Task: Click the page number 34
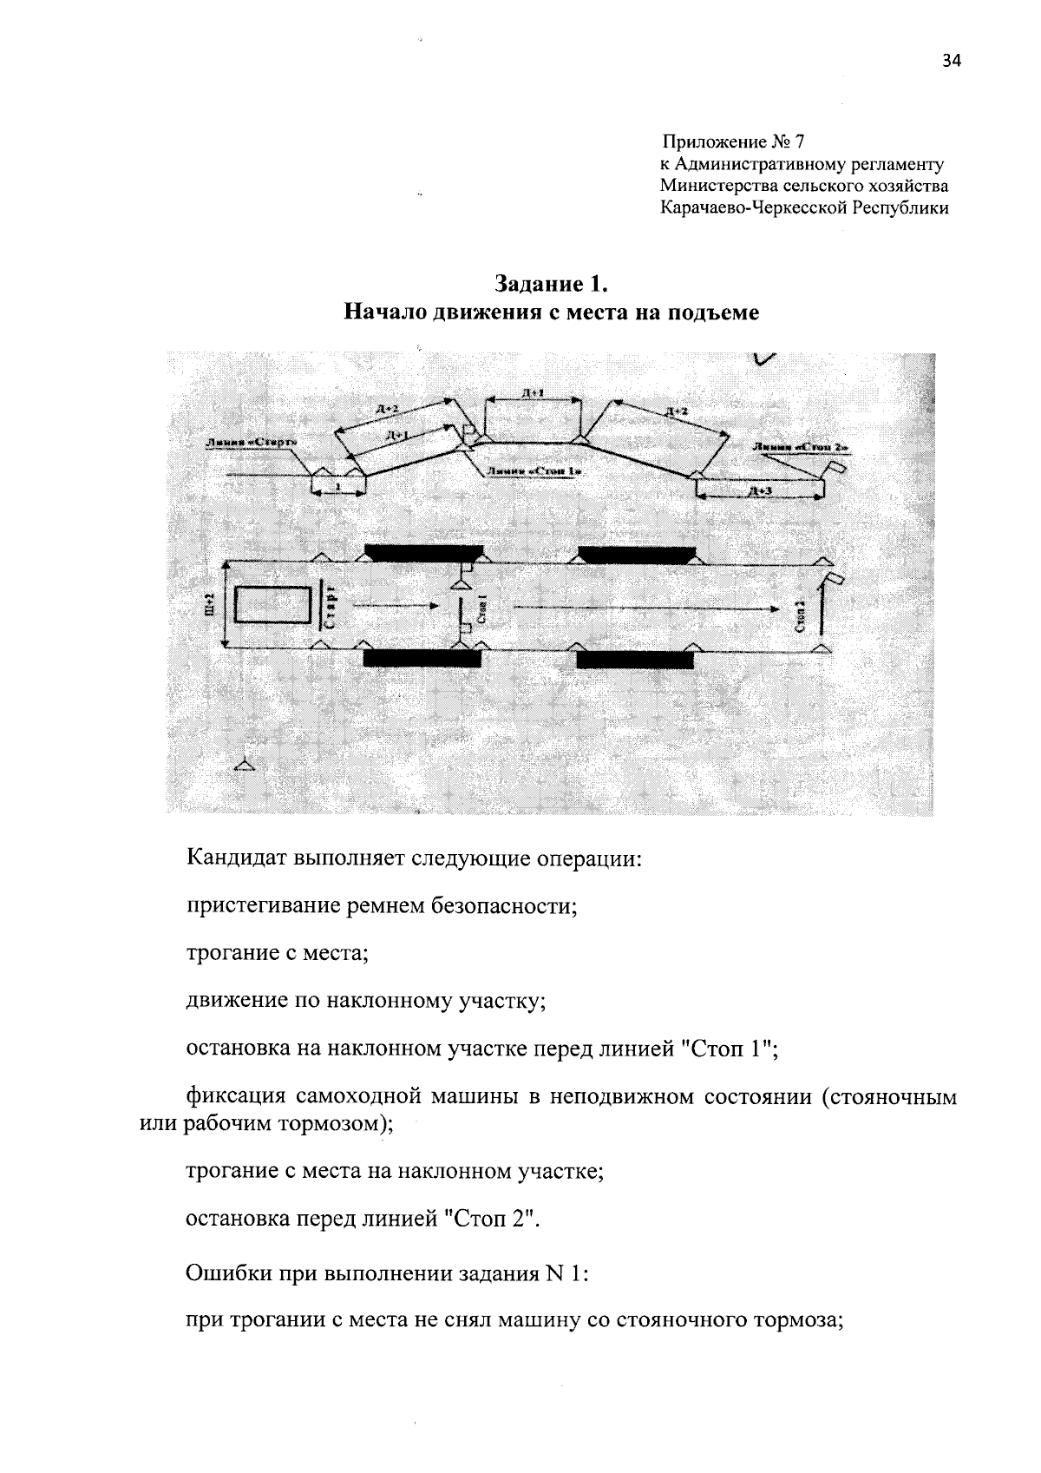tap(951, 61)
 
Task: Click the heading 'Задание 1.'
tap(552, 284)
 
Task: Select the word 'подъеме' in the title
tap(713, 312)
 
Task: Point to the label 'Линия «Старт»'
tap(251, 443)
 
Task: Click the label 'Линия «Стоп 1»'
tap(533, 471)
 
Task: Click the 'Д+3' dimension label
tap(759, 491)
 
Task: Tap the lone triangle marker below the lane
tap(246, 765)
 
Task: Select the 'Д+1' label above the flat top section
tap(533, 393)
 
